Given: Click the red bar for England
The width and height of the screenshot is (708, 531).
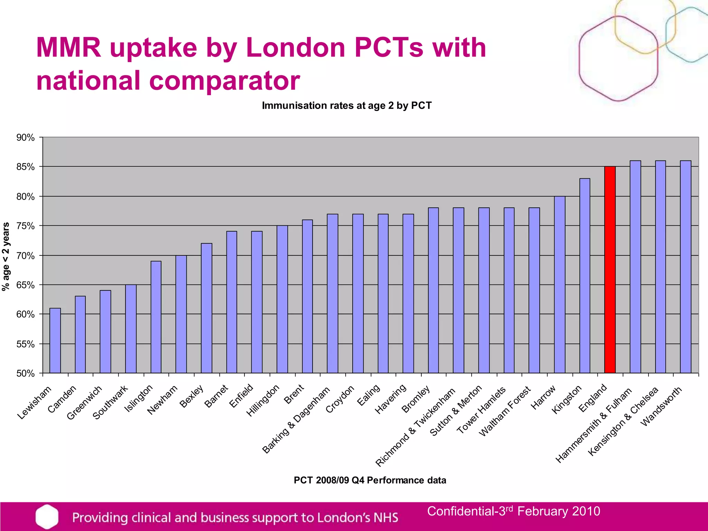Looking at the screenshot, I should point(610,270).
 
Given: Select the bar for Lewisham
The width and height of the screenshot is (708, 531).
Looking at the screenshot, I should point(55,341).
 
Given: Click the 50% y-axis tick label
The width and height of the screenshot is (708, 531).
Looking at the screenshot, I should point(26,373).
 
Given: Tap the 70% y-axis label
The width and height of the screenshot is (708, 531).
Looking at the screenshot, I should point(26,256).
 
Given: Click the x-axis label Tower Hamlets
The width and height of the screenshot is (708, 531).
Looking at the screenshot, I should point(482,410).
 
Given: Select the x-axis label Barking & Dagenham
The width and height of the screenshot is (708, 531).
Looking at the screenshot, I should point(296,420).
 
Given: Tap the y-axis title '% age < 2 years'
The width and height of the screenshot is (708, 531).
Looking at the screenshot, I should point(6,256).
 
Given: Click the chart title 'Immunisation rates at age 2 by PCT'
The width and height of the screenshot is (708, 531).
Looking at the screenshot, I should point(347,105).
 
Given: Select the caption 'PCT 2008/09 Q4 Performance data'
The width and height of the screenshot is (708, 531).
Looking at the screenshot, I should point(370,480).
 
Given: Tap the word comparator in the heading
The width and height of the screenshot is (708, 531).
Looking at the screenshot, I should point(224,81).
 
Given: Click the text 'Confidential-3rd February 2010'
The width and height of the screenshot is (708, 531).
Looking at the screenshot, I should point(513,511).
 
